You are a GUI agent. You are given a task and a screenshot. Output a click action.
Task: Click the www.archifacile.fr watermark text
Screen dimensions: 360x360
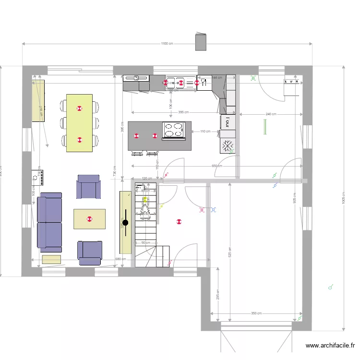[330, 345]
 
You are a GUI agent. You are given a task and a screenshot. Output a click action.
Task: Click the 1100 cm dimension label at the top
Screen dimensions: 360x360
[167, 43]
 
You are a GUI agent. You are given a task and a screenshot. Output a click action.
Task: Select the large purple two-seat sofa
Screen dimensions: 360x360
[50, 222]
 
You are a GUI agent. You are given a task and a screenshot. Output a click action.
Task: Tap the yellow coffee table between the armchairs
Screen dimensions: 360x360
[89, 219]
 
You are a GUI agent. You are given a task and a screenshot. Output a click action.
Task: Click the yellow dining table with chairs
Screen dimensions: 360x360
[79, 123]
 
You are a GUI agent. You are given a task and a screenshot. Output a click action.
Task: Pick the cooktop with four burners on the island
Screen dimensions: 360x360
[175, 130]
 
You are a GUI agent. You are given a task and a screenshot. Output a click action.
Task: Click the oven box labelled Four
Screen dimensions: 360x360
[228, 122]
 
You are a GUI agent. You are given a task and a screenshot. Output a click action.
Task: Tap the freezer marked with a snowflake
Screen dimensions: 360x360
[228, 145]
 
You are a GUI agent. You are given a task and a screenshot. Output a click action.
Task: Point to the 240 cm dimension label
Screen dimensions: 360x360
[271, 114]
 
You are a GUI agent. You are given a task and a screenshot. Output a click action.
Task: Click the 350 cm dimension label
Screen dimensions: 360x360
[256, 313]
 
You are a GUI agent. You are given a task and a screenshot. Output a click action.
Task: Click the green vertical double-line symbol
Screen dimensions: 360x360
[264, 127]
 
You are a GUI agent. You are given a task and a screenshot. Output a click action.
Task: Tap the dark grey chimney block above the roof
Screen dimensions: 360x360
[201, 42]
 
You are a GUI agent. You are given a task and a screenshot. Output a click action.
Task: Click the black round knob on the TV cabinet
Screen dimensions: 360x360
[125, 222]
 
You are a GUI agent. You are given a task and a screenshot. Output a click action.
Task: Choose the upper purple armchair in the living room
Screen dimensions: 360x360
[89, 187]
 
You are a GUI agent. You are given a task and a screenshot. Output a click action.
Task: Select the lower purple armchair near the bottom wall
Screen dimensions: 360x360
[90, 252]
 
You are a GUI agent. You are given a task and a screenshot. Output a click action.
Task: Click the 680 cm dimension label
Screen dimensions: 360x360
[120, 259]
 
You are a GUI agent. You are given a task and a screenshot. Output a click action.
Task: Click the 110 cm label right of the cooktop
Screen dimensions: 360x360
[205, 131]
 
